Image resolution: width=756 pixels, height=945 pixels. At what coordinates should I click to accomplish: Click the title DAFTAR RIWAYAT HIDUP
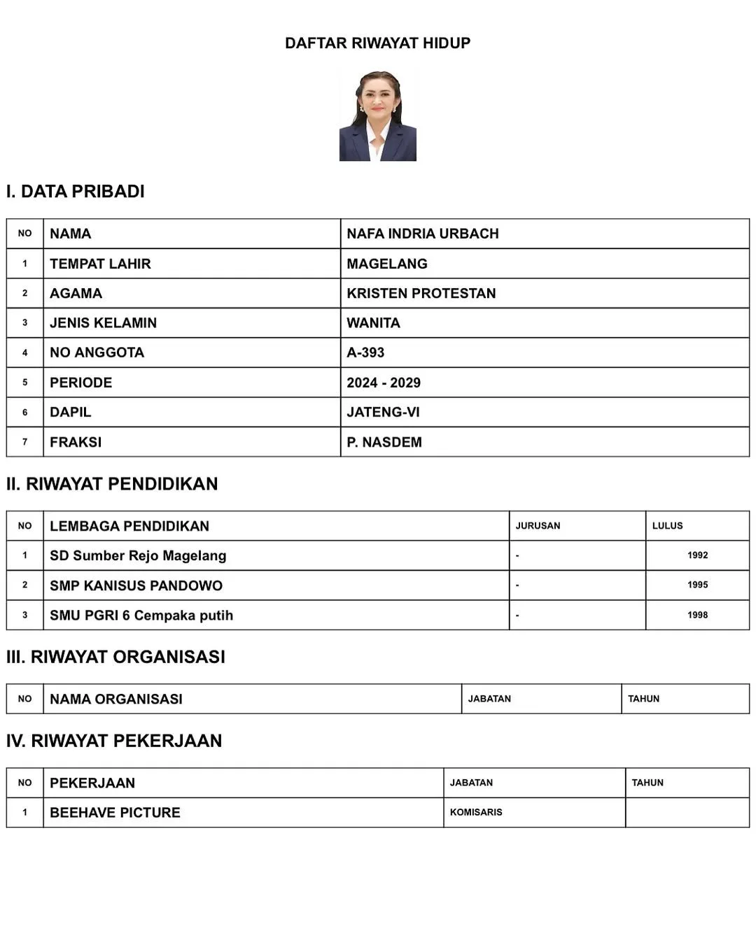click(x=377, y=43)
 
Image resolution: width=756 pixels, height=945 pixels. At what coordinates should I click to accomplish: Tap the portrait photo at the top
click(x=377, y=115)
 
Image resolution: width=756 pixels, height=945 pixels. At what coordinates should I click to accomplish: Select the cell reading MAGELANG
click(x=387, y=264)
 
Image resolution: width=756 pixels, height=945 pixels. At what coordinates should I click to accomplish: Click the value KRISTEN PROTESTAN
click(x=421, y=293)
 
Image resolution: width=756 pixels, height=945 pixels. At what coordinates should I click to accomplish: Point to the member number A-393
click(x=365, y=353)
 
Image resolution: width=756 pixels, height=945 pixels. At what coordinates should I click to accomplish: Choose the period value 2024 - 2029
click(x=384, y=383)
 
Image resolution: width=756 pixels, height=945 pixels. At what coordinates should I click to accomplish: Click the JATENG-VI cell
click(x=383, y=412)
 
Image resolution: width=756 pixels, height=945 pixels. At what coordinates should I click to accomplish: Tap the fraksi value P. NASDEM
click(x=384, y=442)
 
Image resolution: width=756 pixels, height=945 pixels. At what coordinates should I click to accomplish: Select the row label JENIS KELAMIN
click(x=103, y=323)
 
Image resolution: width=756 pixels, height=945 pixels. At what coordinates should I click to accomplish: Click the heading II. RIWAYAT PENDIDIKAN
click(x=112, y=484)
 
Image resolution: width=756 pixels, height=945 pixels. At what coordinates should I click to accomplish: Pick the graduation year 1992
click(x=697, y=555)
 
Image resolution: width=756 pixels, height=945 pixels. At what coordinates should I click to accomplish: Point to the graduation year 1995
click(x=697, y=585)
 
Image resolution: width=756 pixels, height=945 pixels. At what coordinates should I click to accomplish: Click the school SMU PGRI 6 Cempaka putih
click(x=141, y=616)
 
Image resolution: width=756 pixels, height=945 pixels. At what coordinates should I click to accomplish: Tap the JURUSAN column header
click(x=538, y=526)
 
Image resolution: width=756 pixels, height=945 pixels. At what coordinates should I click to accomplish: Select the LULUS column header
click(x=667, y=526)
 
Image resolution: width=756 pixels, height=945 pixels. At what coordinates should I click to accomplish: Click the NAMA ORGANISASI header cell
click(x=116, y=699)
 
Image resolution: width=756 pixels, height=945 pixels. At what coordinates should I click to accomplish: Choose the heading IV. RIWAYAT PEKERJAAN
click(x=114, y=741)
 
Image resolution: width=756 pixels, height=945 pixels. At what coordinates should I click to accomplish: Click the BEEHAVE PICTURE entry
click(x=115, y=813)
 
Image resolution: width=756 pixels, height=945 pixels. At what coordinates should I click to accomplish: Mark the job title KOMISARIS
click(x=476, y=812)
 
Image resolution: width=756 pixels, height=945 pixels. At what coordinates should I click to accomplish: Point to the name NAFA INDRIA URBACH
click(x=423, y=234)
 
